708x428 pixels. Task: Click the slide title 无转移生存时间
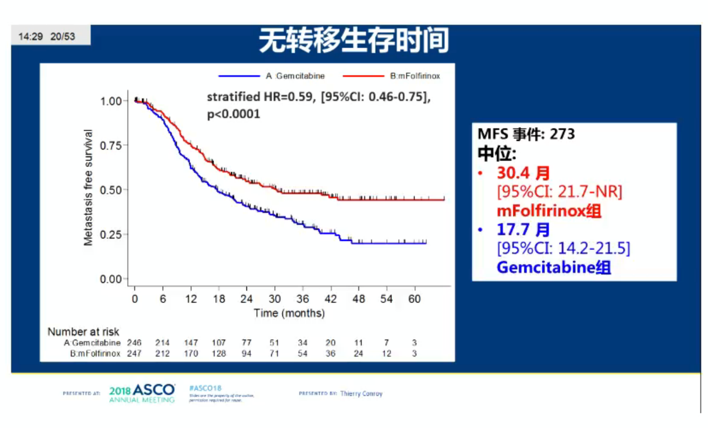pos(354,41)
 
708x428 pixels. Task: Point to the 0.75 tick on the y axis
pos(111,146)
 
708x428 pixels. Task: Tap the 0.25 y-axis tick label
pos(111,235)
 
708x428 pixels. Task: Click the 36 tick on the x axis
pos(303,299)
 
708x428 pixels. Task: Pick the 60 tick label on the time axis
pos(414,299)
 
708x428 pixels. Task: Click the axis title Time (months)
pos(289,313)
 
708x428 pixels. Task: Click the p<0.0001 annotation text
pos(233,114)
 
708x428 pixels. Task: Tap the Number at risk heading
pos(83,332)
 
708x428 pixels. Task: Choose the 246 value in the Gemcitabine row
pos(134,343)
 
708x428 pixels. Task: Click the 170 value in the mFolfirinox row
pos(191,354)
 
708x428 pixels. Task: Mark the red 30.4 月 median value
pos(523,173)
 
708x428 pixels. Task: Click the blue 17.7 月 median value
pos(523,230)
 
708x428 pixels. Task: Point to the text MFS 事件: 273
pos(526,134)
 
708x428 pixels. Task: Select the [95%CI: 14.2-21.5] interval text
pos(563,248)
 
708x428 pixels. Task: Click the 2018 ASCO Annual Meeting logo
pos(142,393)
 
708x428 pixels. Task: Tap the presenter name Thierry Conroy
pos(361,393)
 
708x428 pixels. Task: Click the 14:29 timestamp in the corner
pos(31,37)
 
